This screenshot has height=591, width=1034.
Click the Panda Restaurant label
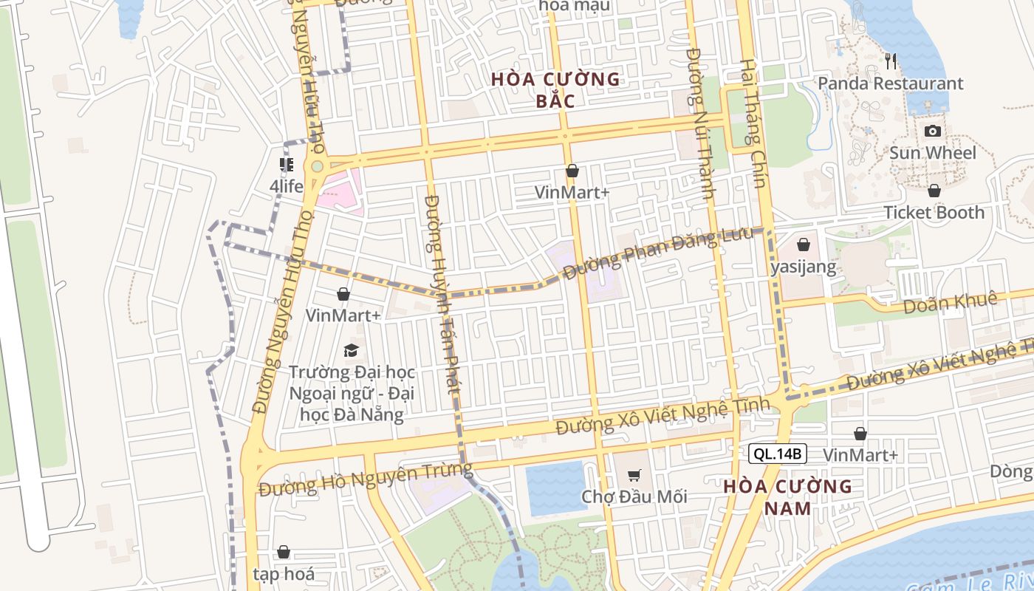[890, 83]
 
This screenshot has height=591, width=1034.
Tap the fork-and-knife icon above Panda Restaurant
[891, 61]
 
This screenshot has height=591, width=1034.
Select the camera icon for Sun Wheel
[933, 131]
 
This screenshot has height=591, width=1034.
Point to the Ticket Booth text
[934, 213]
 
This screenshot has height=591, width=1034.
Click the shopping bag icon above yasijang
[804, 245]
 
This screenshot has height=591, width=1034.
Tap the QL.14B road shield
[777, 454]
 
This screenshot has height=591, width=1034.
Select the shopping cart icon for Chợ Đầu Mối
[634, 475]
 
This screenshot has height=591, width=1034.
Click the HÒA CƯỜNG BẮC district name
[556, 89]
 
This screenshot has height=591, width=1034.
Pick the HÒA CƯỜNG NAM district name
[787, 497]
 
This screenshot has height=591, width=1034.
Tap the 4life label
[286, 186]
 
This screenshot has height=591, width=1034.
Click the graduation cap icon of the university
[351, 350]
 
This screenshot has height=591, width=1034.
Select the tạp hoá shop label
[284, 574]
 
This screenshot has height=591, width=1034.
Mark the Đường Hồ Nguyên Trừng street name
[366, 479]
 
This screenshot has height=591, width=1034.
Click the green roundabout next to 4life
[317, 167]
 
